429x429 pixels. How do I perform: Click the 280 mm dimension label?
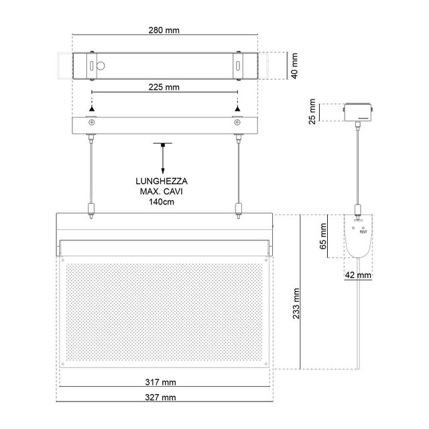coord(164,30)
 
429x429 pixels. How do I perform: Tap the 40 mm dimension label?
coord(294,66)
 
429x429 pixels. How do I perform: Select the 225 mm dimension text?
coord(164,87)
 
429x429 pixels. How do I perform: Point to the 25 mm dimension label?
coord(312,112)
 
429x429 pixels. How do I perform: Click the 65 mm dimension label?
coord(323,236)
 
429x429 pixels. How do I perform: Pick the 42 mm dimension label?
coord(358,275)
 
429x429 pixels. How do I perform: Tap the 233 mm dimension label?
coord(296,304)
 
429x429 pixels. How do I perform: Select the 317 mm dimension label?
coord(161,382)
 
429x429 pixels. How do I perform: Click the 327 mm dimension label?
coord(161,397)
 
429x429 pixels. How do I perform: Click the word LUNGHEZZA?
coord(162,181)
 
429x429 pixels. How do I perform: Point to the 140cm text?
coord(162,202)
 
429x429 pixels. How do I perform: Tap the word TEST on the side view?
coord(363,232)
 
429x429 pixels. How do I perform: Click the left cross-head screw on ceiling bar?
coord(92,122)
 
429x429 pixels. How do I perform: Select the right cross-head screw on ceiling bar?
coord(237,122)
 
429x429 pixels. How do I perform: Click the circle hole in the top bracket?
coord(101,66)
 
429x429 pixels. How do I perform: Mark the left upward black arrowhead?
coord(92,109)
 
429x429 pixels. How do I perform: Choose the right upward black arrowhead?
coord(237,109)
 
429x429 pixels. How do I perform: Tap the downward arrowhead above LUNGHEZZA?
coord(163,172)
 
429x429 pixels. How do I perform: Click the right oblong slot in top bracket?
coord(238,66)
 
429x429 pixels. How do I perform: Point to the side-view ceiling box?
coord(358,112)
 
